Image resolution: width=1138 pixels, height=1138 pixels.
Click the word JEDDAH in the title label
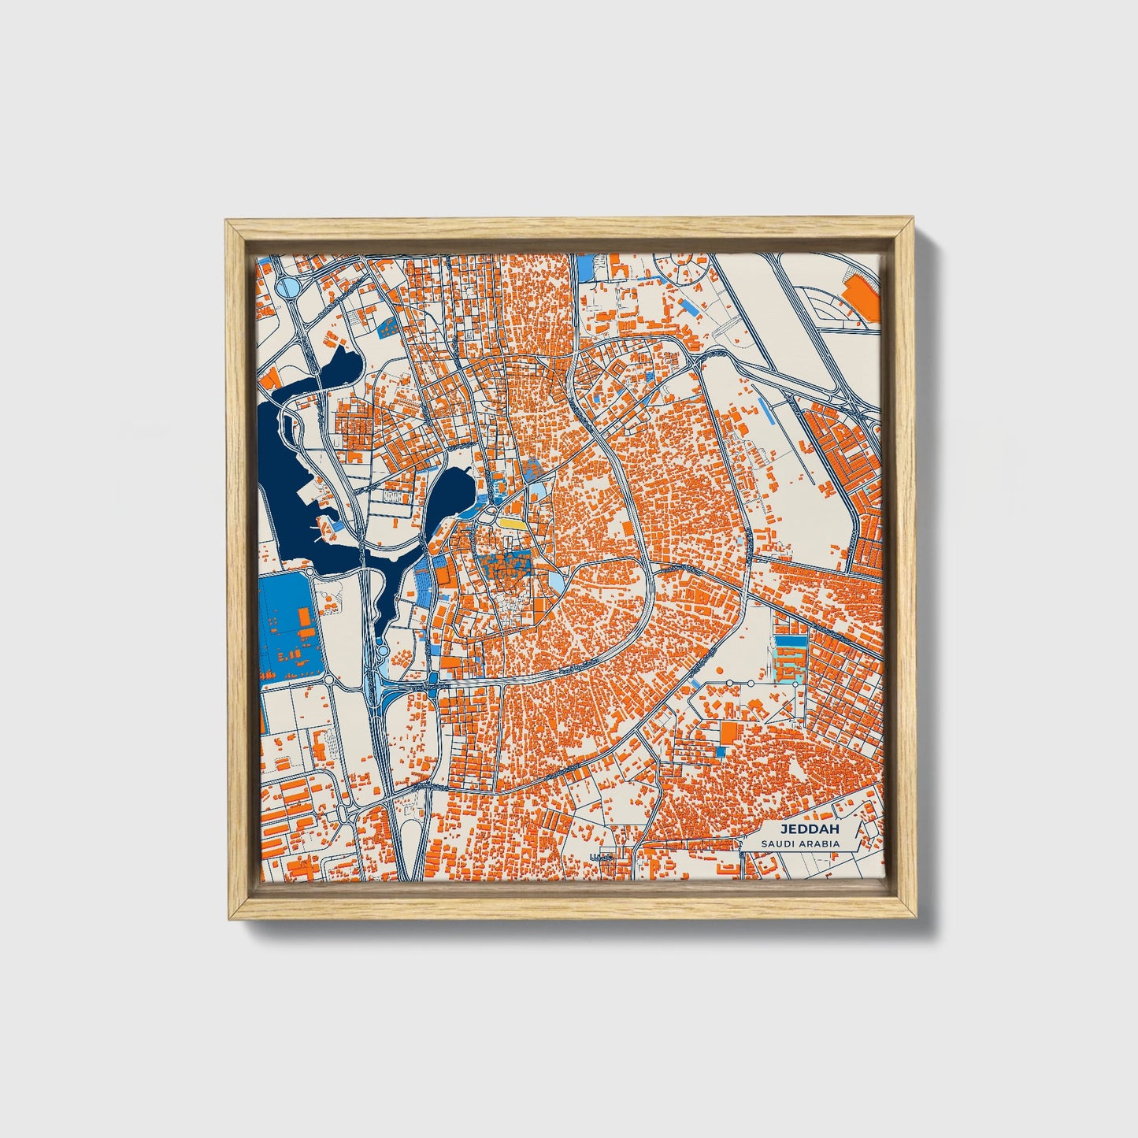coord(810,829)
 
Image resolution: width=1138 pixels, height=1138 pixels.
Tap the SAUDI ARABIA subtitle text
coord(800,844)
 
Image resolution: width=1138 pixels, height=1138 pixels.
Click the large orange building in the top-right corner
coord(860,298)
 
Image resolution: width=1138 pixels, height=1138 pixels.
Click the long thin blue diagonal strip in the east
coord(765,408)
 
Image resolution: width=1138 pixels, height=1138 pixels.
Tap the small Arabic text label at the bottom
coord(601,857)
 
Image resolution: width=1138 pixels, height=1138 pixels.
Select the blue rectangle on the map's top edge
coord(585,269)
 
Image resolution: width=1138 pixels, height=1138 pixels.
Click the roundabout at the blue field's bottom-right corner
coord(330,680)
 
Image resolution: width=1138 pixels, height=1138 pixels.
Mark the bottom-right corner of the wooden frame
coord(910,917)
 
